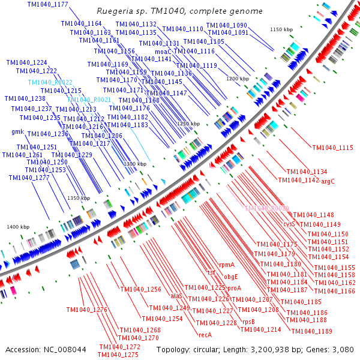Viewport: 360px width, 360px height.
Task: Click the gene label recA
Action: pos(205,334)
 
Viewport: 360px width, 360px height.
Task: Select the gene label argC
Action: pos(328,181)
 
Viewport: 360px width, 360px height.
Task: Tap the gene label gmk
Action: pos(17,131)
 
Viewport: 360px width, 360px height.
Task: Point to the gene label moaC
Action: pos(163,52)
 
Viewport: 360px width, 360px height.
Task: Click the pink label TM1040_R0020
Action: pos(267,208)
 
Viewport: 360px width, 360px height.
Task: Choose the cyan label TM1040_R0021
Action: pos(93,99)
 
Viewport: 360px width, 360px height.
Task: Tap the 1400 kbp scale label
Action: pos(18,227)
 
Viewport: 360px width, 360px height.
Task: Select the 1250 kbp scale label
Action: pos(188,124)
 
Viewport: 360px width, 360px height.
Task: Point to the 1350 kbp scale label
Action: pos(78,198)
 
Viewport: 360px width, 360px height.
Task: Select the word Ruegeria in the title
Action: pos(116,11)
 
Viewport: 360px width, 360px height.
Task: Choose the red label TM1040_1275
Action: pos(119,355)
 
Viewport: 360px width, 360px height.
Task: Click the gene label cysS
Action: pos(289,223)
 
